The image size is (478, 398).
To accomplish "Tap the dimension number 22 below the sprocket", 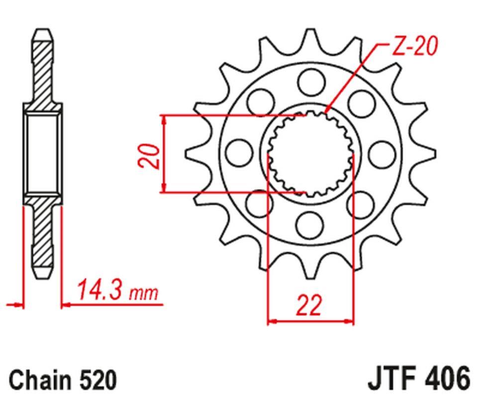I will tap(309, 305).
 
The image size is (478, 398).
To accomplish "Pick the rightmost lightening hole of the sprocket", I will tap(382, 151).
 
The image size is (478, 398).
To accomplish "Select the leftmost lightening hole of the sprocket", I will tap(238, 151).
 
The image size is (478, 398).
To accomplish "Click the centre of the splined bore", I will tap(310, 152).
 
